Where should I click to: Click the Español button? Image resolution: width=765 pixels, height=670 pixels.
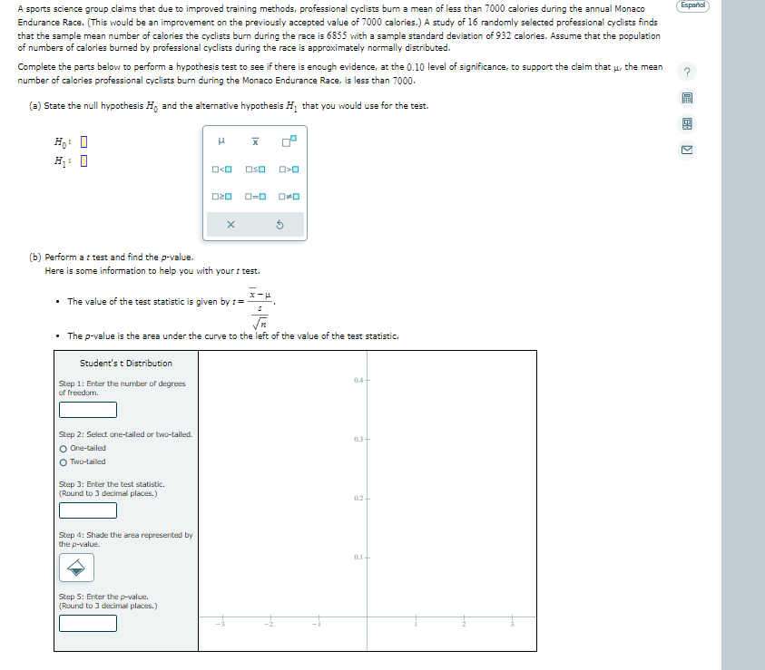tap(692, 6)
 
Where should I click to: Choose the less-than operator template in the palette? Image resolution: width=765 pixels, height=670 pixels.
tap(222, 170)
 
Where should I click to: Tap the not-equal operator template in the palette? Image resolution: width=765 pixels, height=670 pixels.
tap(290, 197)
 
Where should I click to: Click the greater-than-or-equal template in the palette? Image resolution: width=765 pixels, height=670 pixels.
tap(222, 197)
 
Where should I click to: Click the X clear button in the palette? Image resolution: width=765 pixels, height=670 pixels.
tap(230, 225)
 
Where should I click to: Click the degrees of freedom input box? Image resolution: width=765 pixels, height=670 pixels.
tap(88, 410)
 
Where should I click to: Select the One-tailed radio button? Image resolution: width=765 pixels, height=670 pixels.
tap(63, 448)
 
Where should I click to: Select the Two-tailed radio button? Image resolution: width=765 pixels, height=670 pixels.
tap(63, 461)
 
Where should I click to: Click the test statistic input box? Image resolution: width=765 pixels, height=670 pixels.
tap(88, 510)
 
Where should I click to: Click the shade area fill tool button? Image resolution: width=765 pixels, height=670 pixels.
tap(77, 568)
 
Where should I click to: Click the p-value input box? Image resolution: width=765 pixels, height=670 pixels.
tap(88, 623)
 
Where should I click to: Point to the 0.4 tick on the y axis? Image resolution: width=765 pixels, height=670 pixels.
tap(368, 380)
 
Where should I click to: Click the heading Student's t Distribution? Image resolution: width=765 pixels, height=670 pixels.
tap(125, 364)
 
